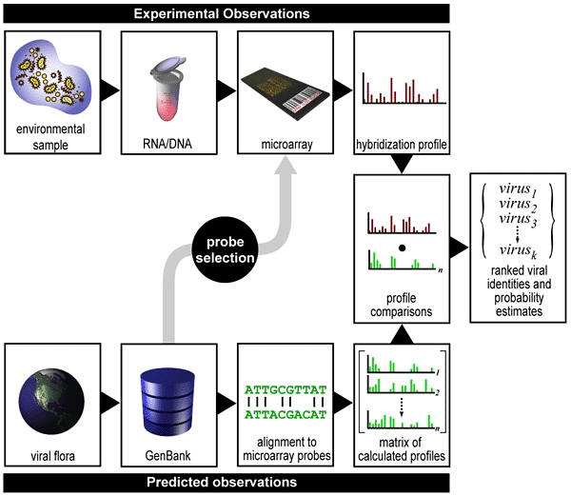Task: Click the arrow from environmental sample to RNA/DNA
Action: [109, 91]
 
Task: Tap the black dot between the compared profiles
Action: [403, 248]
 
